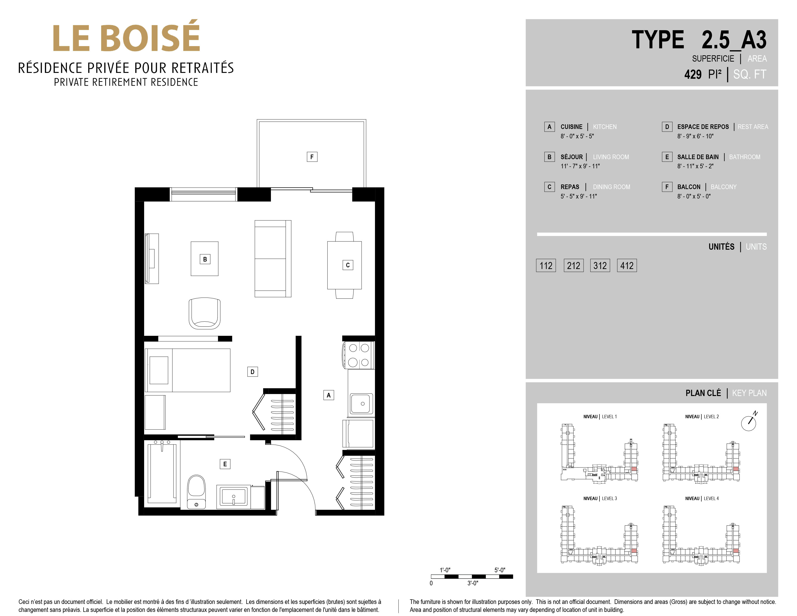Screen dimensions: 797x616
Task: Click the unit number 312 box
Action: pyautogui.click(x=600, y=265)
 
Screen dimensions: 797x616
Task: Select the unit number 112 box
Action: pyautogui.click(x=546, y=265)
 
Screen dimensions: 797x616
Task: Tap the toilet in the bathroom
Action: pyautogui.click(x=196, y=492)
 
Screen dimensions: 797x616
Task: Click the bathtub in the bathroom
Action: pyautogui.click(x=162, y=473)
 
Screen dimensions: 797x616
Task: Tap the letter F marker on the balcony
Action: pyautogui.click(x=312, y=157)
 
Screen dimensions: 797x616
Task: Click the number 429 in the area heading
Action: pyautogui.click(x=693, y=74)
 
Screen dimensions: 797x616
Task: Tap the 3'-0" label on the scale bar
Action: pyautogui.click(x=473, y=583)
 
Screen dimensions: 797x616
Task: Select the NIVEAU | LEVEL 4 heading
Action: pyautogui.click(x=702, y=498)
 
